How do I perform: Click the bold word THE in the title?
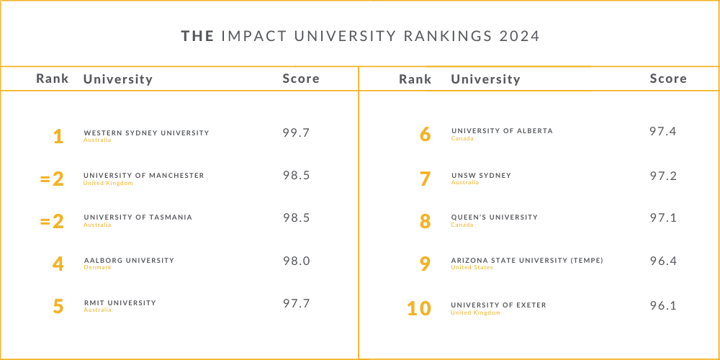coord(197,36)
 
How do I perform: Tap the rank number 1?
coord(58,136)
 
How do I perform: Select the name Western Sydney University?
coord(146,132)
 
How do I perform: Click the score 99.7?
coord(296,132)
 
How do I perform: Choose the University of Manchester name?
coord(143,175)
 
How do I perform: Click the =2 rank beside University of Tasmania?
coord(53,221)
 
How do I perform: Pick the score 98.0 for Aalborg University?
coord(296,261)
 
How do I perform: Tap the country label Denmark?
coord(97,267)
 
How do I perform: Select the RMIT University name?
coord(120,302)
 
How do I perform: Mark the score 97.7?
coord(296,303)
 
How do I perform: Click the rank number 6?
coord(425,135)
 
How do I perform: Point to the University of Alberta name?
coord(502,131)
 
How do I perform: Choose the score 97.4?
coord(662,131)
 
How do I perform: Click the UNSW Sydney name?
coord(481,175)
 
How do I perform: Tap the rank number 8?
coord(425,221)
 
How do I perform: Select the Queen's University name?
coord(494,217)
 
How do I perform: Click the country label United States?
coord(472,267)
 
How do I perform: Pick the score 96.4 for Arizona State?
coord(662,261)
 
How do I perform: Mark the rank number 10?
coord(419,308)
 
